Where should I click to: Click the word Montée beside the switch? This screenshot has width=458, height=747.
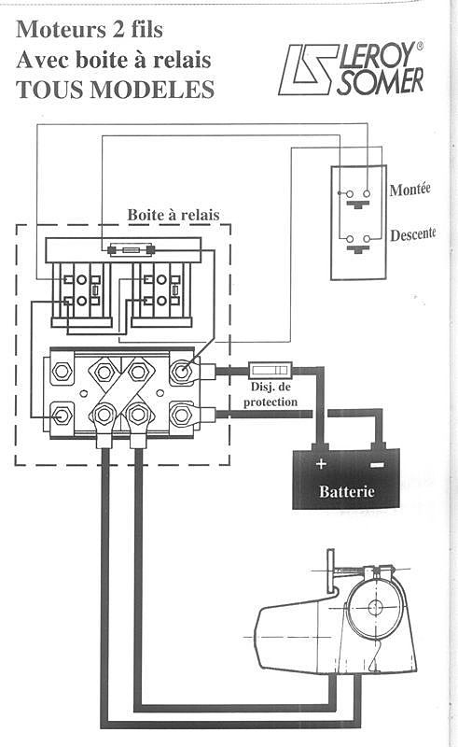(409, 190)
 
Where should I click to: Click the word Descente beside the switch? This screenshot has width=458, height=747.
(413, 234)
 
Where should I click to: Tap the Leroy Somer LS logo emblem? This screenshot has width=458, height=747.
(308, 69)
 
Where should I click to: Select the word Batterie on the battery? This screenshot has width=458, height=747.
(347, 491)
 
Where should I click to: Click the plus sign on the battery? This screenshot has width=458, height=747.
(322, 463)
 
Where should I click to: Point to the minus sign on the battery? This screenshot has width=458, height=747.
(378, 464)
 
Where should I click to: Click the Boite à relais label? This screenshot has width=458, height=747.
(173, 215)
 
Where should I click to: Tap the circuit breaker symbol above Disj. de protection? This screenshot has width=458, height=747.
(270, 370)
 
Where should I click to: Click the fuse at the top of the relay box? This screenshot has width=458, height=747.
(130, 249)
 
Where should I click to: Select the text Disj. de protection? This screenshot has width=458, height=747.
(271, 394)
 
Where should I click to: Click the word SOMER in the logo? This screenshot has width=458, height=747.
(380, 81)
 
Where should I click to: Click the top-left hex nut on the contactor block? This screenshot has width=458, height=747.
(62, 371)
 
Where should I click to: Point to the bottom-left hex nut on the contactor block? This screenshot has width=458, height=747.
(62, 415)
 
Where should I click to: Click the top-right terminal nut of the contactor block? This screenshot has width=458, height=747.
(181, 371)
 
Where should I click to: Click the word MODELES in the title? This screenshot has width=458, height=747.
(152, 90)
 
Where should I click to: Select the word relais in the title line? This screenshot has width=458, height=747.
(181, 60)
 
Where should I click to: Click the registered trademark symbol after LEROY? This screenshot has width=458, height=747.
(420, 47)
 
